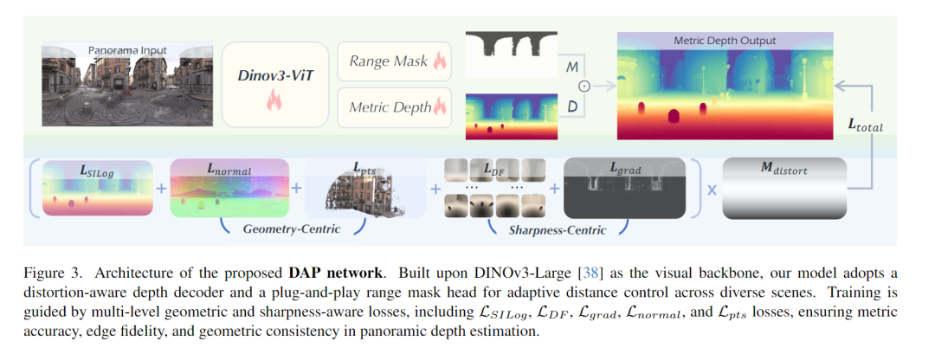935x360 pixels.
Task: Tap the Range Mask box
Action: tap(394, 61)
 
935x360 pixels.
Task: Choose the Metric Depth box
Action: tap(394, 107)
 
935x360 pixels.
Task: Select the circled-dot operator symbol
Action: tap(584, 85)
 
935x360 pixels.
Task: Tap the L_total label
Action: tap(866, 125)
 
